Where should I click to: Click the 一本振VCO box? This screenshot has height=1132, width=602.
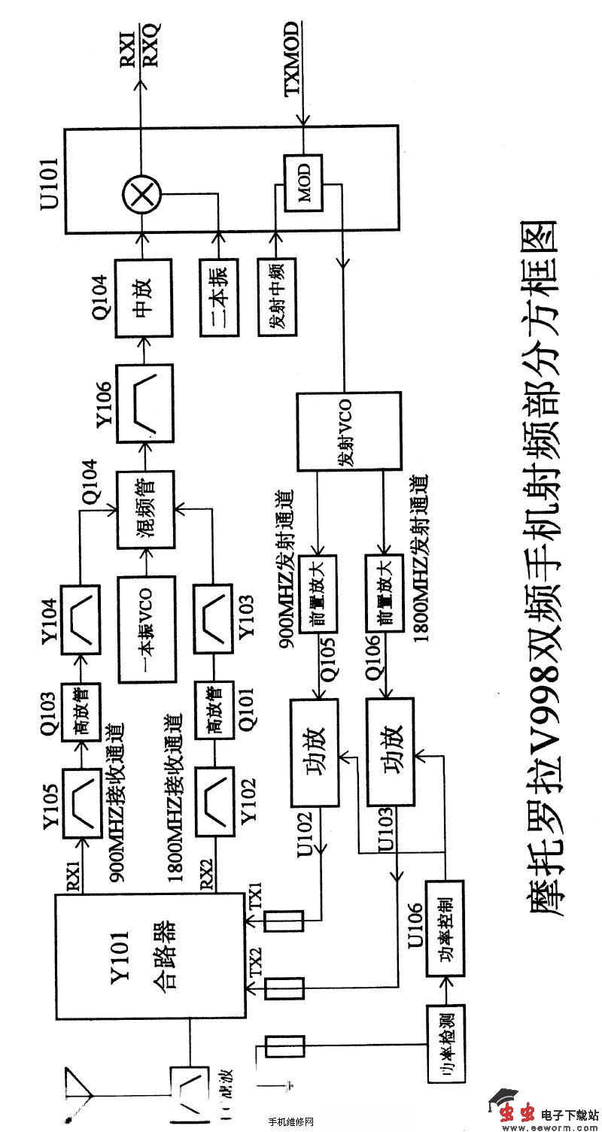click(x=147, y=629)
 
